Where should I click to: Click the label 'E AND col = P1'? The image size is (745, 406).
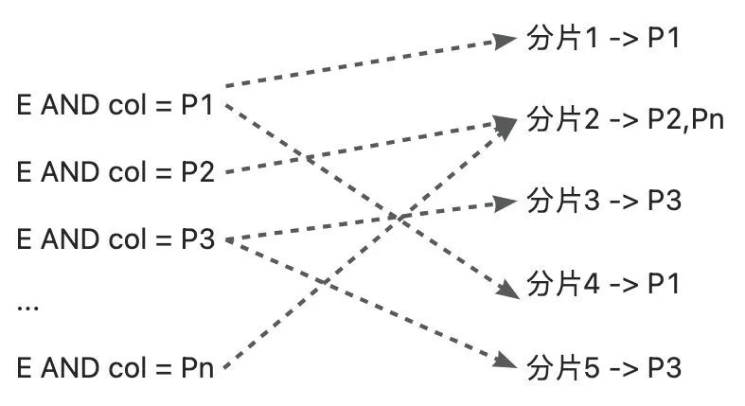[x=116, y=105]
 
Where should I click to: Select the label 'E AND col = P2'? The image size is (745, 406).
[x=116, y=171]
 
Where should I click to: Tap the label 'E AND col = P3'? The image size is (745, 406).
[x=116, y=238]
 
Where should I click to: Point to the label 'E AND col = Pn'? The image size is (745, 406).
[x=116, y=367]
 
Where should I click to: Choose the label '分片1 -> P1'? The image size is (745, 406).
[x=602, y=39]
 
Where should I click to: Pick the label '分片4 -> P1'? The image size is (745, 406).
[x=602, y=283]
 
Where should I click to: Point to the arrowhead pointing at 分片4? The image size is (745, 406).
[x=508, y=290]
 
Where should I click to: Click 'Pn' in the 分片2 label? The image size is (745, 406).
[x=708, y=121]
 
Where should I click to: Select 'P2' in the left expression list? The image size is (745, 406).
[x=198, y=171]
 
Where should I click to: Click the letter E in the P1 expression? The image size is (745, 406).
[x=25, y=105]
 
